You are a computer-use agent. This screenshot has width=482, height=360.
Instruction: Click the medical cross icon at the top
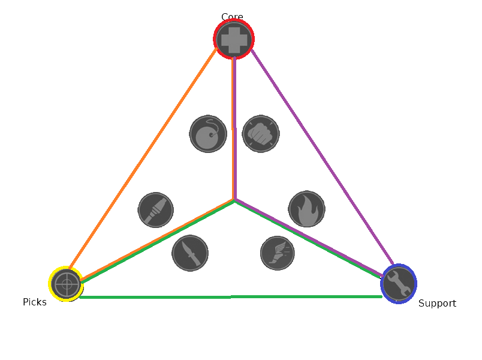click(234, 39)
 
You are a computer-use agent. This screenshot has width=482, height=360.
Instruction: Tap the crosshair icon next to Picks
click(66, 284)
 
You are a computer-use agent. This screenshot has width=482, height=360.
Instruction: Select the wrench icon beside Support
click(398, 283)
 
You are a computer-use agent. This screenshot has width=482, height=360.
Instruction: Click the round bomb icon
click(208, 134)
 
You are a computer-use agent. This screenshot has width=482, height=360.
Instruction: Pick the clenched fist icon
click(261, 133)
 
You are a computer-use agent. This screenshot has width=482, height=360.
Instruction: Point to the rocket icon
click(156, 210)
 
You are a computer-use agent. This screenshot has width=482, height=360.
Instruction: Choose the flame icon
click(306, 209)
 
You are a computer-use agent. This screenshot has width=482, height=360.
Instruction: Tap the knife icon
click(190, 253)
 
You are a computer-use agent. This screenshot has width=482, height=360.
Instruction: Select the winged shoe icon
click(278, 253)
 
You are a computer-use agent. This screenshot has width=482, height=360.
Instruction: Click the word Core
click(232, 17)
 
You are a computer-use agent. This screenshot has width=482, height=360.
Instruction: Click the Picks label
click(35, 302)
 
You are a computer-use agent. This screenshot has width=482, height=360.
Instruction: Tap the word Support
click(437, 304)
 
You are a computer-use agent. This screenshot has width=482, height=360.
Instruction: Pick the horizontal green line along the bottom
click(231, 297)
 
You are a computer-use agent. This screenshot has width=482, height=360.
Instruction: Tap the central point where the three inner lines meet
click(234, 200)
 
